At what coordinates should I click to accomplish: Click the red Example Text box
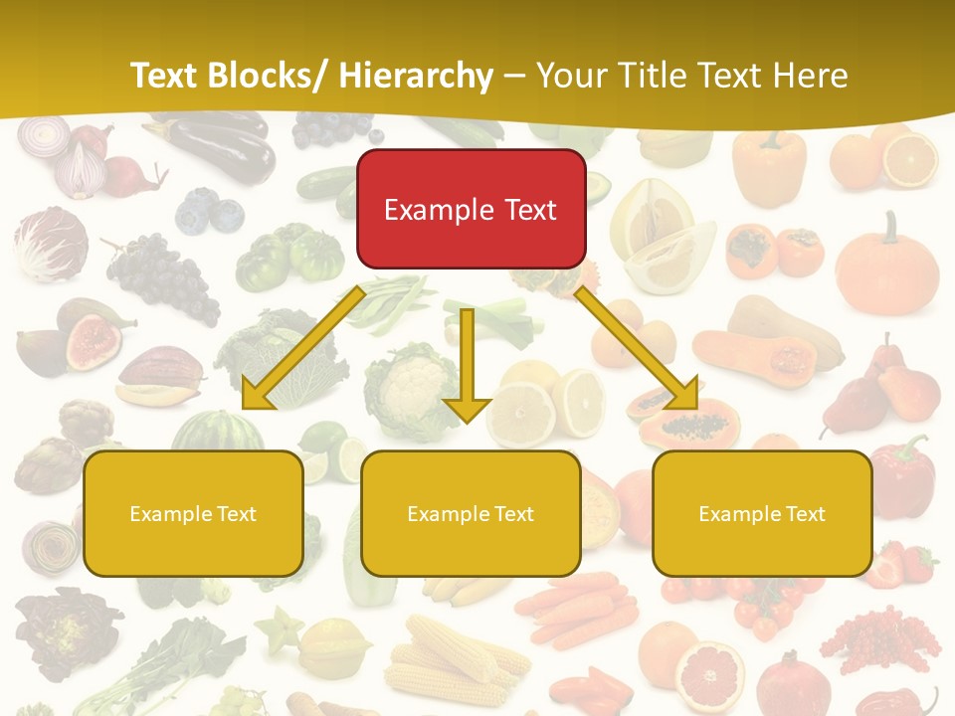pos(471,209)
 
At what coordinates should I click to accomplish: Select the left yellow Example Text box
pos(193,513)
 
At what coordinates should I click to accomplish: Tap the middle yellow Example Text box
pos(471,513)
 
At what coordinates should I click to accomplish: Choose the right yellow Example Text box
pos(762,513)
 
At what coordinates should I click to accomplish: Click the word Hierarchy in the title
pos(415,76)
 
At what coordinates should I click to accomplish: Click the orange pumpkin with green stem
pos(886,265)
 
